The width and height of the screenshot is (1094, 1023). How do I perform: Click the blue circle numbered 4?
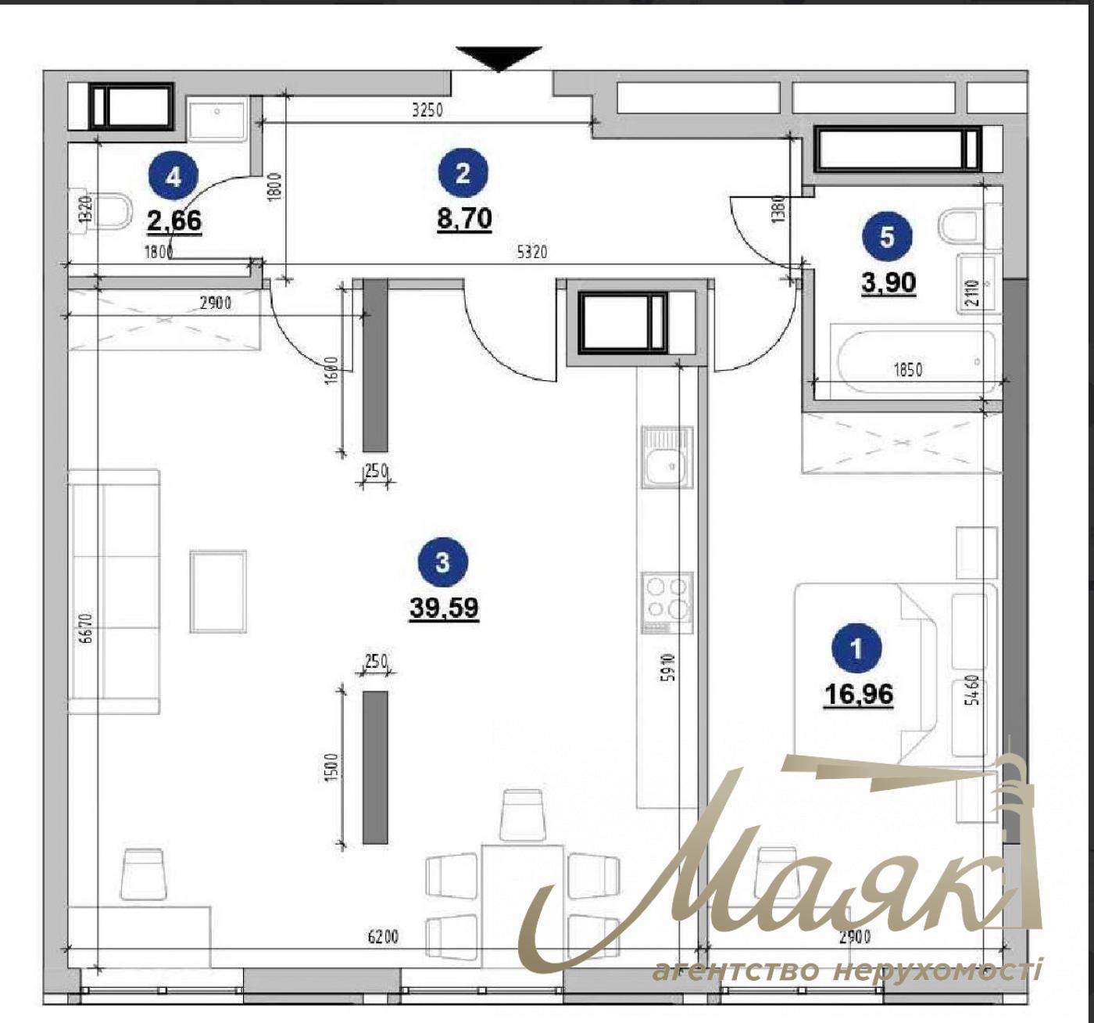tap(173, 178)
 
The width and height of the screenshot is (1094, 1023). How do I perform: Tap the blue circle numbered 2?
tap(463, 173)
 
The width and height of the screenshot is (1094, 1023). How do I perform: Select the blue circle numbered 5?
tap(887, 238)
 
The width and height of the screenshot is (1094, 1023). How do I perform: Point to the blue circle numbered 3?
tap(442, 563)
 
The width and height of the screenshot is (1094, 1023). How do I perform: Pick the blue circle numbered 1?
tap(856, 649)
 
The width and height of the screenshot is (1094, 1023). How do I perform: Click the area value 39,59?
tap(444, 608)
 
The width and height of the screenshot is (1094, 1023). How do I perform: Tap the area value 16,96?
tap(858, 695)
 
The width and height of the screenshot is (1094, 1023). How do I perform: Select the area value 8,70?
tap(464, 220)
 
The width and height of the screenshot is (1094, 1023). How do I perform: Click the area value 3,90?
tap(888, 283)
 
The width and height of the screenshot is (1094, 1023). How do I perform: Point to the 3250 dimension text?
tap(427, 111)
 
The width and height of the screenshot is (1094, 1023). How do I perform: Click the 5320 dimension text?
tap(531, 253)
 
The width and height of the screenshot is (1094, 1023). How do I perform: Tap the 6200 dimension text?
tap(383, 937)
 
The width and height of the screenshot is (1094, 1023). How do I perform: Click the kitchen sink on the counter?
tap(667, 457)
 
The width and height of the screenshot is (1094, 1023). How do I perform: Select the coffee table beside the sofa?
tap(218, 590)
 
